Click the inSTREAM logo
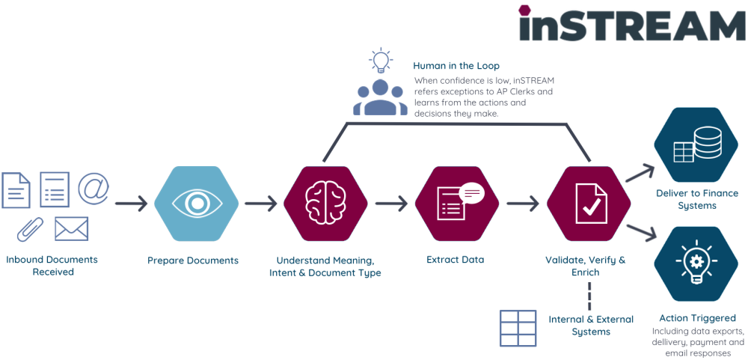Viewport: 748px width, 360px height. [631, 25]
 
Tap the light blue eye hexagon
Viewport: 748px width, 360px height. [197, 204]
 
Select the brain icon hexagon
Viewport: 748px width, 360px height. [326, 204]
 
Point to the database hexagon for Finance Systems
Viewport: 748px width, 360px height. [696, 145]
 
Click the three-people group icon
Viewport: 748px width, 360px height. [380, 97]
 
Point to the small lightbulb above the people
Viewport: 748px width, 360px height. [381, 60]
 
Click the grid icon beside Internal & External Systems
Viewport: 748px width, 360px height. [518, 328]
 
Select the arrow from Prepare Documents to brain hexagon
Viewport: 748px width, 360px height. [261, 204]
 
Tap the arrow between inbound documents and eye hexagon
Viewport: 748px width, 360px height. [132, 204]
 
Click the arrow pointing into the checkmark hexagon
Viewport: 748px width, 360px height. [523, 204]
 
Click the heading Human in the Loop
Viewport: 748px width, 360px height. [456, 66]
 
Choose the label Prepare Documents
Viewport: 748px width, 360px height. [193, 260]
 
